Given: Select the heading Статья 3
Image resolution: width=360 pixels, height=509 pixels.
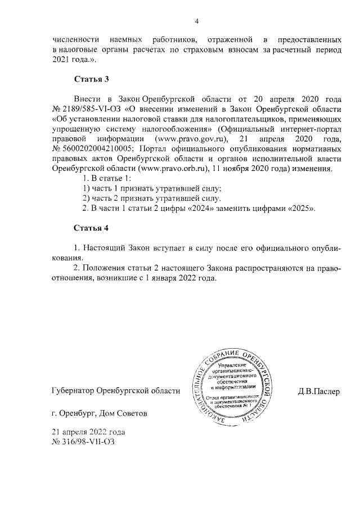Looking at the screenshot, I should (x=91, y=79).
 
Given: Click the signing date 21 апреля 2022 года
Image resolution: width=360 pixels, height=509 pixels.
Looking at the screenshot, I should (x=88, y=432).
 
